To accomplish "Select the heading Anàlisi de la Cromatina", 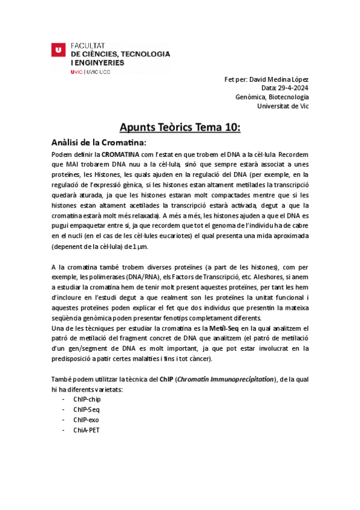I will tap(99, 143).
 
